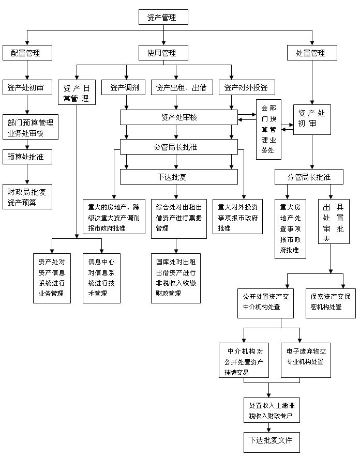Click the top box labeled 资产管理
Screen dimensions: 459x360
click(163, 17)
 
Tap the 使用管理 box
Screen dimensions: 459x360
click(163, 53)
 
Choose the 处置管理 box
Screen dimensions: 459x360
click(312, 53)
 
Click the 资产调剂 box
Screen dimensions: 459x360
click(124, 87)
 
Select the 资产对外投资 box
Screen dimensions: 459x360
click(246, 87)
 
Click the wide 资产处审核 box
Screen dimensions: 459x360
click(179, 117)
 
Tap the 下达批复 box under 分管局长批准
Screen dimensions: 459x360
click(179, 177)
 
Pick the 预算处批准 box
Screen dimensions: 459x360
click(27, 157)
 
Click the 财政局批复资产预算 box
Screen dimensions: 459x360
click(27, 196)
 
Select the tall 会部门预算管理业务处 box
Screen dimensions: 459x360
click(268, 129)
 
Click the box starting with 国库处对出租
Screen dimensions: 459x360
click(176, 278)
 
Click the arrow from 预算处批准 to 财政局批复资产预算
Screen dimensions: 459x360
click(27, 174)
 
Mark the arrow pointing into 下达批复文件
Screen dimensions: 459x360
click(269, 427)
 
